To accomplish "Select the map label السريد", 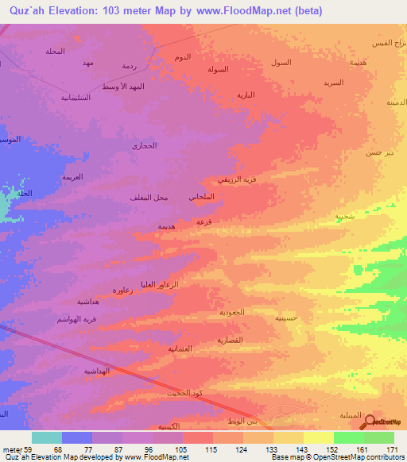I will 333,82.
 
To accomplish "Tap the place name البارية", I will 246,94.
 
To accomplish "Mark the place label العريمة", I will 73,175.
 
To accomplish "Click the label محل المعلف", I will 146,196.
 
